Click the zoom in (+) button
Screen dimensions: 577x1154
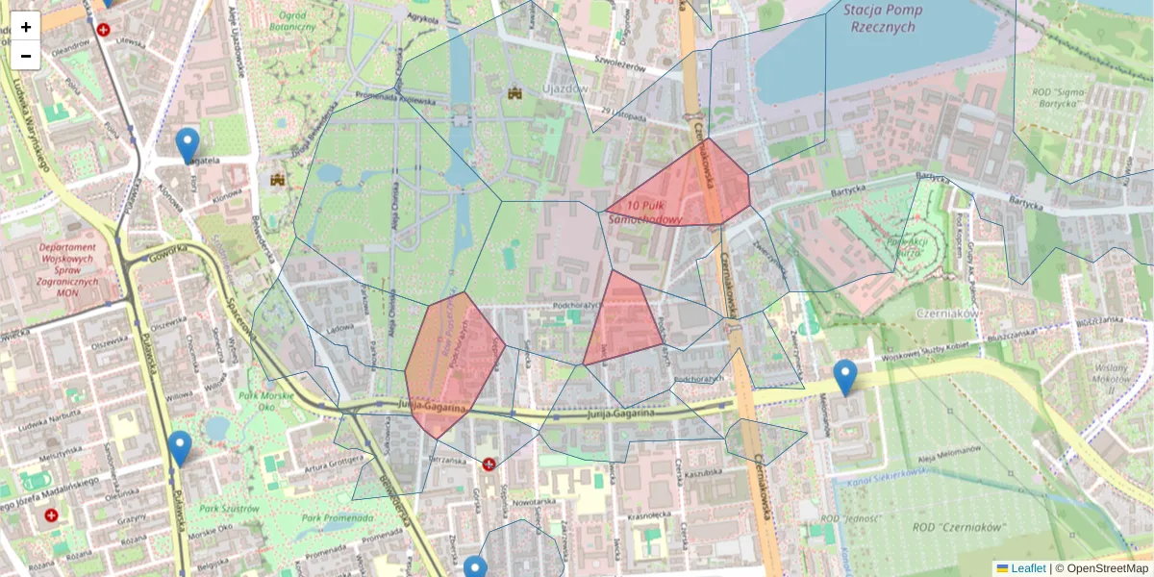[26, 27]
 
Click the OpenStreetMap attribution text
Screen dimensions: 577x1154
[1106, 568]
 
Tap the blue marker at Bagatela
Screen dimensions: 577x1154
[188, 145]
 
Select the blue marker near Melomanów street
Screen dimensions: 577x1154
[845, 377]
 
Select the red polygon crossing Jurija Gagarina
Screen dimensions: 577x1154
[452, 365]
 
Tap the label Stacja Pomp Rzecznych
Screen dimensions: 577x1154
[883, 18]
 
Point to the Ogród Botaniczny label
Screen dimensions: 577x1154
[293, 21]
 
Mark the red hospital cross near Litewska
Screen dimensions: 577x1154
[103, 30]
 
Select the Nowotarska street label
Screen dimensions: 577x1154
[536, 501]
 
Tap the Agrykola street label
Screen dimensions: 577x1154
[423, 17]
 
